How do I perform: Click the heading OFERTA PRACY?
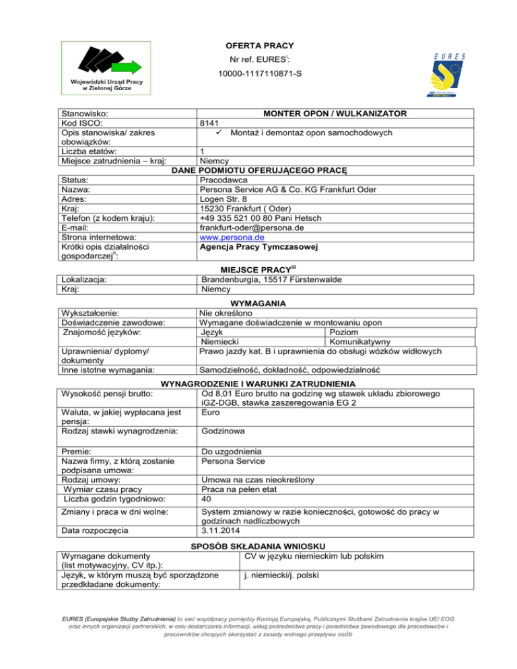pyautogui.click(x=258, y=45)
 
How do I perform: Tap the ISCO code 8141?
pyautogui.click(x=211, y=123)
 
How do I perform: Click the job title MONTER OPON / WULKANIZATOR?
pyautogui.click(x=338, y=113)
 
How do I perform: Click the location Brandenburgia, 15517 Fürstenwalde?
pyautogui.click(x=271, y=279)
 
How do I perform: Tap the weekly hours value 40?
pyautogui.click(x=207, y=499)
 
